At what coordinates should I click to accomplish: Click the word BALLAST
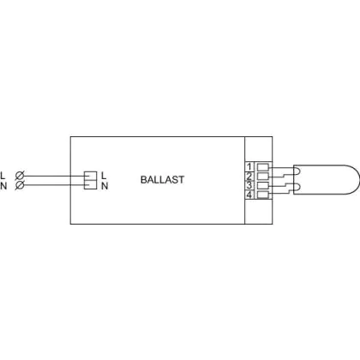(162, 180)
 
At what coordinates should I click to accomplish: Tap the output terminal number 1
(249, 166)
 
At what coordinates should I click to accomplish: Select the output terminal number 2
(249, 176)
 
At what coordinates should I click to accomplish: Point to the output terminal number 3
(249, 185)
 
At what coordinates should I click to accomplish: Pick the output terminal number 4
(249, 195)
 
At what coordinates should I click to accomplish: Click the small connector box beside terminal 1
(263, 167)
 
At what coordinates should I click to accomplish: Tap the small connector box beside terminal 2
(263, 176)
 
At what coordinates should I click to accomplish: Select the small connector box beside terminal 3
(263, 185)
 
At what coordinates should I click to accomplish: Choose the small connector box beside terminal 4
(263, 195)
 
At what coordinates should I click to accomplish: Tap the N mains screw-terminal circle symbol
(20, 185)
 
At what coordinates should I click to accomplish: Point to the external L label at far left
(3, 176)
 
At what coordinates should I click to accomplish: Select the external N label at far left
(3, 186)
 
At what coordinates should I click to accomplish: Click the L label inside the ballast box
(104, 176)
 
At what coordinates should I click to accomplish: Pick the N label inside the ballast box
(105, 186)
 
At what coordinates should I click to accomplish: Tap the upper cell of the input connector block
(90, 176)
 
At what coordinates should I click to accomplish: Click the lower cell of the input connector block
(90, 184)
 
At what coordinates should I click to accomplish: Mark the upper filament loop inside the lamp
(297, 171)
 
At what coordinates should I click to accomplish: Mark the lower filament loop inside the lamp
(297, 188)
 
